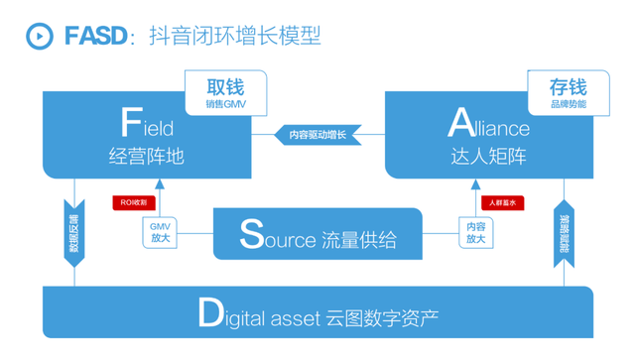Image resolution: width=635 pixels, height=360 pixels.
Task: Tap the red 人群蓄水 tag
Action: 501,202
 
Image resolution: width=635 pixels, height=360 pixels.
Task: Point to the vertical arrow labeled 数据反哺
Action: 73,232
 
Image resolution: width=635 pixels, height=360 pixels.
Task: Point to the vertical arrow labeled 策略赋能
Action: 563,232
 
